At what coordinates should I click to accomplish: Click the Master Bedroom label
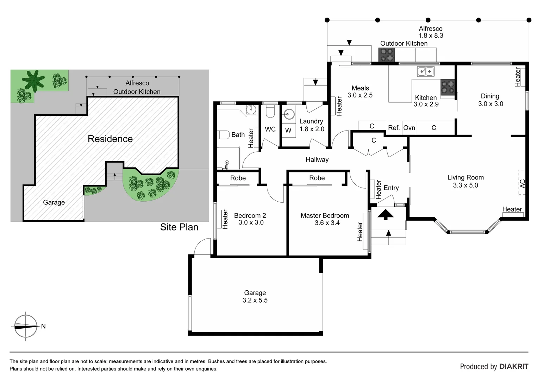[x=325, y=215]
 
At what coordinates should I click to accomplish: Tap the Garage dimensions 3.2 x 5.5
[x=255, y=300]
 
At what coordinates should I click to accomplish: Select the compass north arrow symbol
[x=26, y=326]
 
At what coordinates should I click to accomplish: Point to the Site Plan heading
[x=179, y=227]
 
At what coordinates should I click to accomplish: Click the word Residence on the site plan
[x=110, y=139]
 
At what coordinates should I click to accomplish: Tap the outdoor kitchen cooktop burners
[x=387, y=55]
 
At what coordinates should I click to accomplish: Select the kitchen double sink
[x=426, y=71]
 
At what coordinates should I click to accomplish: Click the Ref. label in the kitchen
[x=394, y=128]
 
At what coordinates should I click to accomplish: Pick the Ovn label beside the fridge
[x=409, y=128]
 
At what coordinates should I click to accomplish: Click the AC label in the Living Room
[x=523, y=183]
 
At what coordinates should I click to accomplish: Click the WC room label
[x=270, y=129]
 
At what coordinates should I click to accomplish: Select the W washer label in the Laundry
[x=288, y=130]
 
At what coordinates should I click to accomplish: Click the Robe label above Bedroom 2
[x=238, y=178]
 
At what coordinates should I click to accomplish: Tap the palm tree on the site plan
[x=33, y=80]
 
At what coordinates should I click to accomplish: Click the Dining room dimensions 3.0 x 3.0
[x=490, y=104]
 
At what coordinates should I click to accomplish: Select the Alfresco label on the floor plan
[x=431, y=28]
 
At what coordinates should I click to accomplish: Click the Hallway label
[x=317, y=159]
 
